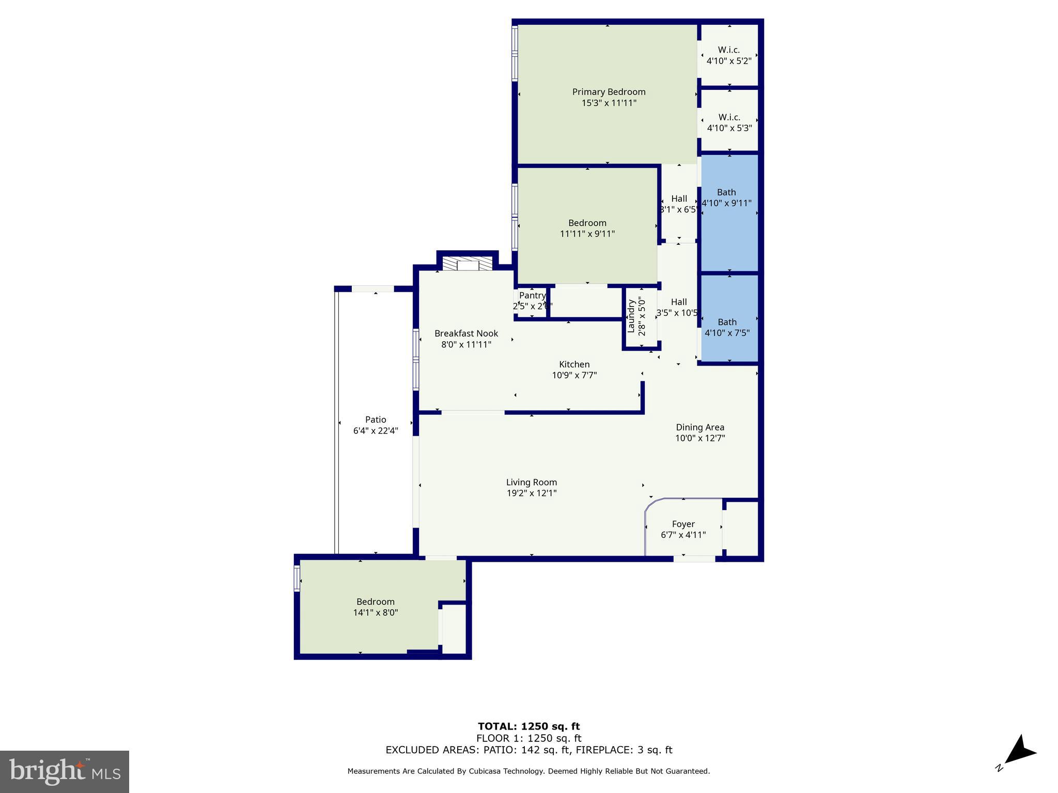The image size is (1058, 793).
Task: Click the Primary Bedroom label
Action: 609,92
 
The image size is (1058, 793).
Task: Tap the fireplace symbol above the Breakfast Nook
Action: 468,265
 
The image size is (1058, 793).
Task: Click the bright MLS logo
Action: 65,772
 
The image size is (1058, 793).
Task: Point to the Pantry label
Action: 532,296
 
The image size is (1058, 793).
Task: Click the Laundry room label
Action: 631,316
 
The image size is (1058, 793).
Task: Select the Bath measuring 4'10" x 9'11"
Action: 726,198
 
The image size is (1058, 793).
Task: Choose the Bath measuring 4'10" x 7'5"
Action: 727,327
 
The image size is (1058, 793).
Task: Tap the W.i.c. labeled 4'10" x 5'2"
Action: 728,55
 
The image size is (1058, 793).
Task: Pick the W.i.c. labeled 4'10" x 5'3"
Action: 729,122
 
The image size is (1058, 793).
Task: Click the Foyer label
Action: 683,525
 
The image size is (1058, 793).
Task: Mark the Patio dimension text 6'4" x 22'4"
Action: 376,431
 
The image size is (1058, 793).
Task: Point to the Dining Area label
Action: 700,427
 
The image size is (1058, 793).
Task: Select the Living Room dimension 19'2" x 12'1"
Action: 532,494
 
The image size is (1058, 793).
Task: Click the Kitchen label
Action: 574,364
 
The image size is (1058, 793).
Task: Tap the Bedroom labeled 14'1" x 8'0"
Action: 376,607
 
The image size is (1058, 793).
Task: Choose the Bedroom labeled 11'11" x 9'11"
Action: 587,228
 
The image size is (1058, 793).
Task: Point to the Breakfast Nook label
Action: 466,334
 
